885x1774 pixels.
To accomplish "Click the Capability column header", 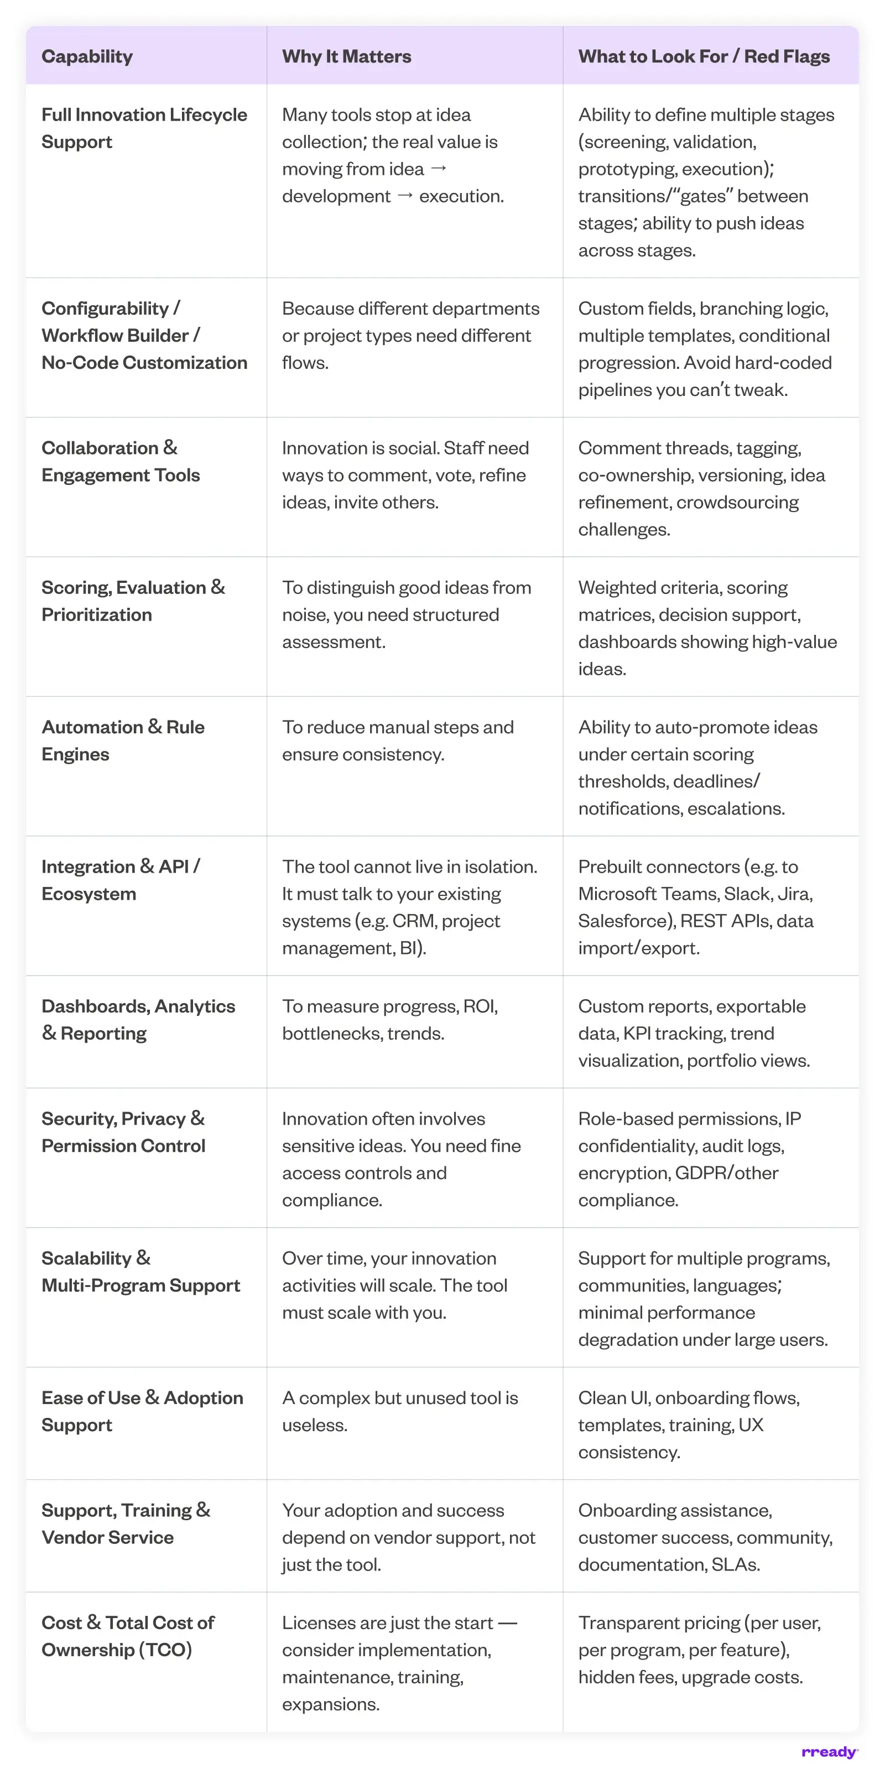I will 87,56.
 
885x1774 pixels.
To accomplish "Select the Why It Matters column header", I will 346,56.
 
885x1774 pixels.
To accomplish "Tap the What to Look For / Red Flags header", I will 704,56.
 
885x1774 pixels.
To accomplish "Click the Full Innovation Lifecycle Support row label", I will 144,128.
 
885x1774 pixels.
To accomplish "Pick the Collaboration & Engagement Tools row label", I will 121,461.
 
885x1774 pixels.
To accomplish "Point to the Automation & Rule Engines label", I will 123,740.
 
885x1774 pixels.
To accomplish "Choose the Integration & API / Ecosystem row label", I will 121,880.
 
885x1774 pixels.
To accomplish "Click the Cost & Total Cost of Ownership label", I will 127,1636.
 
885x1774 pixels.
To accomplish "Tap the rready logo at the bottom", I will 829,1752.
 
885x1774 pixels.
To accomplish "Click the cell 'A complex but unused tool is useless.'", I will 399,1411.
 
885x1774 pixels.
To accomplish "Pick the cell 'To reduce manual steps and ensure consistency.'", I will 397,740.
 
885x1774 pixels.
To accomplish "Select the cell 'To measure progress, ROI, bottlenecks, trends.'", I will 390,1020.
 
